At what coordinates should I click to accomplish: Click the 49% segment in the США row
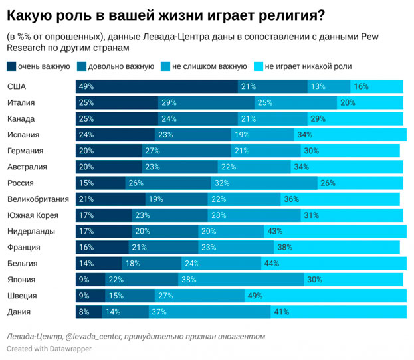coord(157,86)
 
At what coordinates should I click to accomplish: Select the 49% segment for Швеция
coord(326,296)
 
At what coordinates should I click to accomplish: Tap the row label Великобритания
coord(37,199)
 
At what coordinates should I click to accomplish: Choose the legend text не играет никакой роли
coord(308,66)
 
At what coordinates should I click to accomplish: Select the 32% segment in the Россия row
coord(265,183)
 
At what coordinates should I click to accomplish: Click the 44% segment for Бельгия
coord(332,264)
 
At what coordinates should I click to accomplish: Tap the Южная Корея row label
coord(33,215)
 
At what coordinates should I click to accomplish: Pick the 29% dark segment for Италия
coord(207,102)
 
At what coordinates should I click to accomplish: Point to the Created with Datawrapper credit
coord(49,349)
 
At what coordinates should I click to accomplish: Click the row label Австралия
coord(27,167)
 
